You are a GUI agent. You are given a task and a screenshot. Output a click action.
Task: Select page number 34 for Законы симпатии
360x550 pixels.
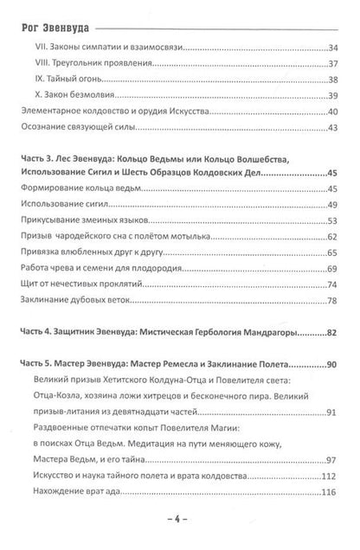pos(333,50)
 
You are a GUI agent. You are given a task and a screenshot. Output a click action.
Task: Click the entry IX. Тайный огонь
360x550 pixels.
pos(81,80)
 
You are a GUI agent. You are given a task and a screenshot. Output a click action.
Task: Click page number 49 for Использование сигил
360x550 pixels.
pos(333,204)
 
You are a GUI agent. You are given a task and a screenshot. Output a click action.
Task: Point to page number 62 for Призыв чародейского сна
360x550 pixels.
pos(333,235)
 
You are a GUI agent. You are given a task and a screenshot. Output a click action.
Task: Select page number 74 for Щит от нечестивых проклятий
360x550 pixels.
pos(333,282)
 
